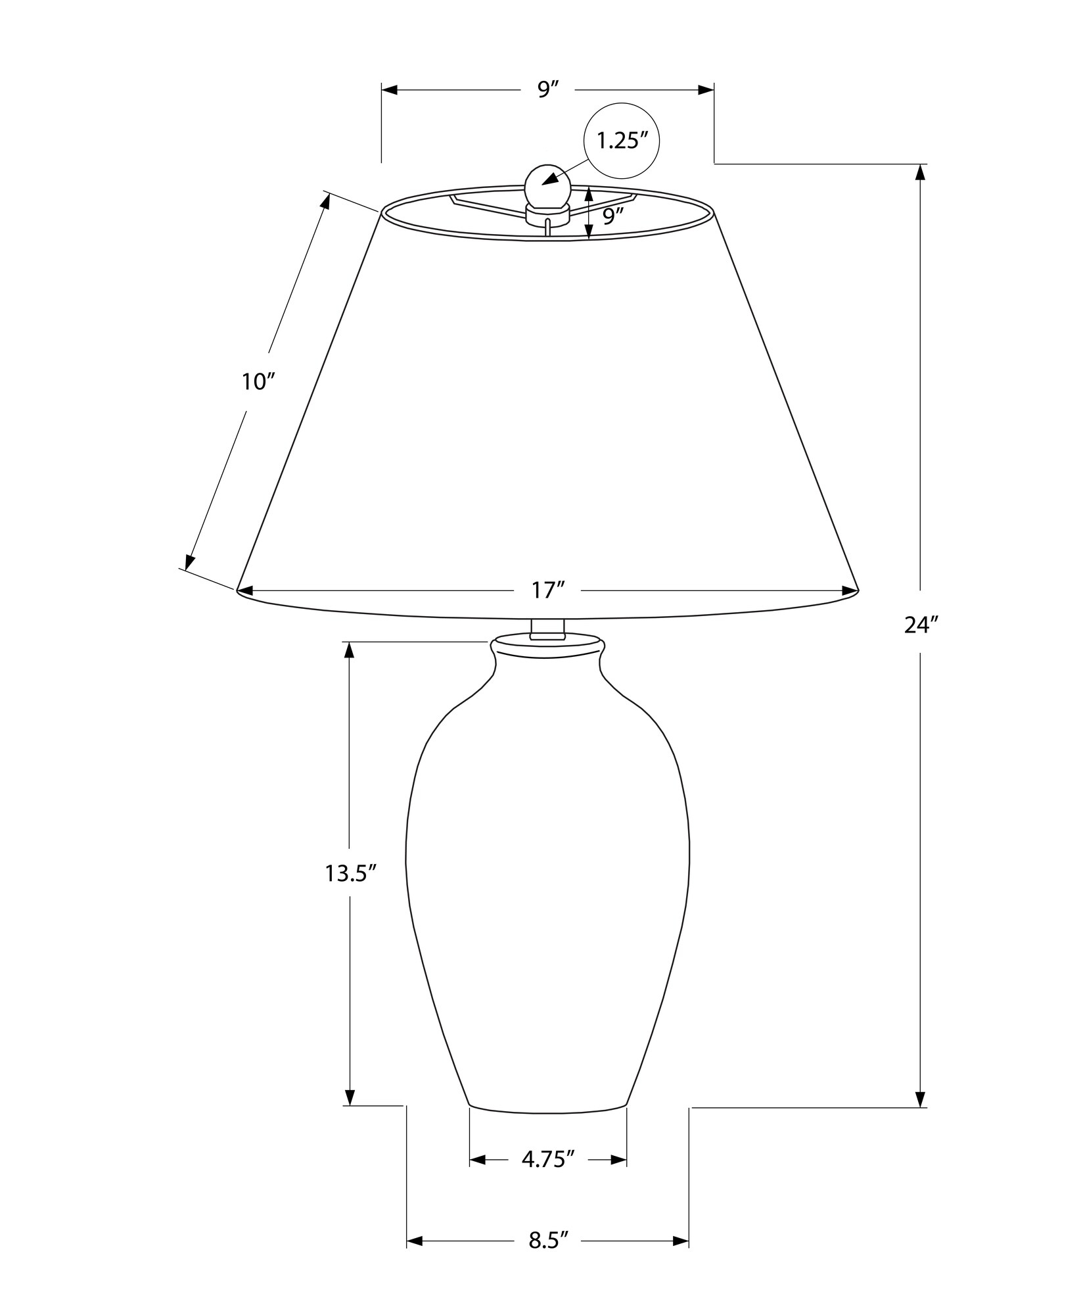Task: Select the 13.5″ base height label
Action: (350, 874)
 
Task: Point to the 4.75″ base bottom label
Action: (548, 1159)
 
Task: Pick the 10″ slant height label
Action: (257, 382)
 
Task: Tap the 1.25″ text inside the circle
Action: (621, 141)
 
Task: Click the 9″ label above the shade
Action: (547, 89)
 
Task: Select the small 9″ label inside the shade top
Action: (612, 217)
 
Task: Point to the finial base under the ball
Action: (547, 212)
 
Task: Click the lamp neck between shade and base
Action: (547, 628)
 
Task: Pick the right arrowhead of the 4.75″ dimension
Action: (619, 1160)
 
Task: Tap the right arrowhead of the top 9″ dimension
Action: (706, 90)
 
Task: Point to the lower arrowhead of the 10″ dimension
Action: (189, 562)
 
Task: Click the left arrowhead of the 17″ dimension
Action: (245, 591)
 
